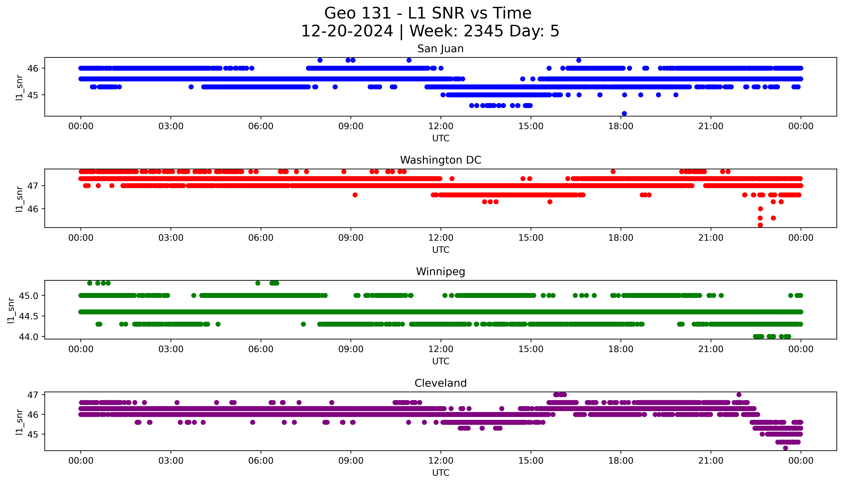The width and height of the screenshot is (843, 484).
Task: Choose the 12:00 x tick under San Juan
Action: coord(441,126)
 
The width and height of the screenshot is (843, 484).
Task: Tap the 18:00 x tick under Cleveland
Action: coord(621,461)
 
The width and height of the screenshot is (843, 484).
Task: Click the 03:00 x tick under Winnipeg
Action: coord(171,349)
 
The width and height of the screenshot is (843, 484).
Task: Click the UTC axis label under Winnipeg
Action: coord(441,361)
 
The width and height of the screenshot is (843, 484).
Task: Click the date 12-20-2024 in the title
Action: coord(347,31)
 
